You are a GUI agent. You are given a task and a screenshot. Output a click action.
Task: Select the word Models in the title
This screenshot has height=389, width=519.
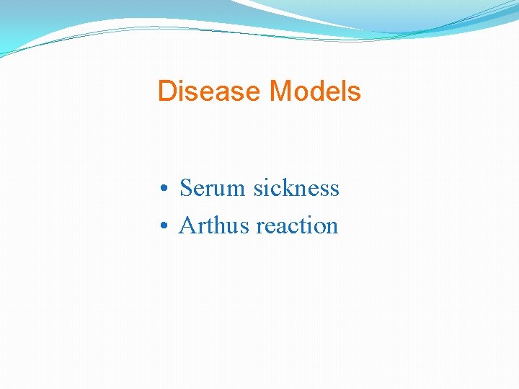pyautogui.click(x=314, y=91)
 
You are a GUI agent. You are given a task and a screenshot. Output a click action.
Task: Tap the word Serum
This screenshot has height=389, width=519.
pyautogui.click(x=213, y=188)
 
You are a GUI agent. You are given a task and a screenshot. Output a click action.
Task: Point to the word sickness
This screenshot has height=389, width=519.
pyautogui.click(x=296, y=188)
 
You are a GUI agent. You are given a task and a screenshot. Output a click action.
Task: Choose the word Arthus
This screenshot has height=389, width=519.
pyautogui.click(x=215, y=225)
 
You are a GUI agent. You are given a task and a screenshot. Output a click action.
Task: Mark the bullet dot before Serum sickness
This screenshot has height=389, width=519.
pyautogui.click(x=165, y=189)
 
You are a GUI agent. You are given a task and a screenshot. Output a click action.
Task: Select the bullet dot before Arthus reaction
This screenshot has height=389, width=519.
pyautogui.click(x=165, y=227)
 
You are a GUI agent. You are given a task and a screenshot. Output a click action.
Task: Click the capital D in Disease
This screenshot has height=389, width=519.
pyautogui.click(x=167, y=91)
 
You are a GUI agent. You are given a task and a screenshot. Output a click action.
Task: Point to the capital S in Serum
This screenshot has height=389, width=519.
pyautogui.click(x=186, y=188)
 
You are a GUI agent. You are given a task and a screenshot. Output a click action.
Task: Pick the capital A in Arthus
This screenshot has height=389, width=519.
pyautogui.click(x=187, y=225)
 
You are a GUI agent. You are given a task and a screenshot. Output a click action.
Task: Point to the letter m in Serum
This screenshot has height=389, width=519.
pyautogui.click(x=238, y=189)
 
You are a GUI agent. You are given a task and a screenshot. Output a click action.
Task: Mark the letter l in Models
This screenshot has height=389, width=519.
pyautogui.click(x=345, y=91)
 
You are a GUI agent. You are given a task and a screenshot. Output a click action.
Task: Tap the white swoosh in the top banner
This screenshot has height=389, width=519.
pyautogui.click(x=303, y=14)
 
